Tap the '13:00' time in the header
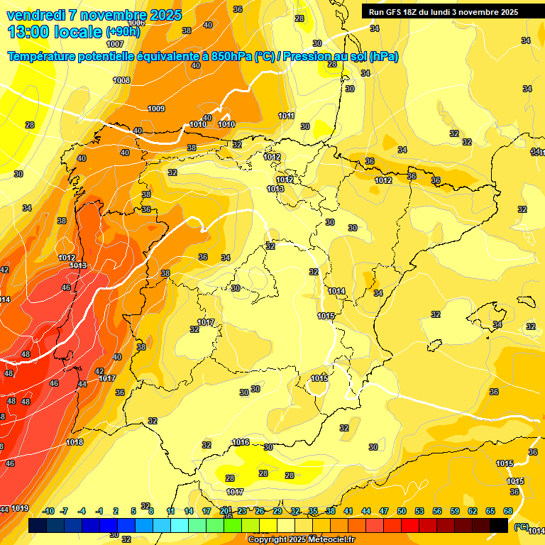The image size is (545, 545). (28, 32)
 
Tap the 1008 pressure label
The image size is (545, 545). (121, 81)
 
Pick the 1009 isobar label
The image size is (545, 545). (156, 109)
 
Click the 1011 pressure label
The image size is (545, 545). (286, 116)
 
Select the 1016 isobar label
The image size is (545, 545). (241, 442)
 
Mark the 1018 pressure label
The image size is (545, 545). (75, 442)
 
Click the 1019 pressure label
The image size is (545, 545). (20, 508)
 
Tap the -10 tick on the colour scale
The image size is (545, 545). (48, 511)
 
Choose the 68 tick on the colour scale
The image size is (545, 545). (508, 511)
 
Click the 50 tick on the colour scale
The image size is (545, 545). (402, 511)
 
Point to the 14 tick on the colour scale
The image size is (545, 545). (189, 511)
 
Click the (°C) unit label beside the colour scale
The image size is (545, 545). (521, 526)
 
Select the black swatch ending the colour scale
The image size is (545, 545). (499, 525)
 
